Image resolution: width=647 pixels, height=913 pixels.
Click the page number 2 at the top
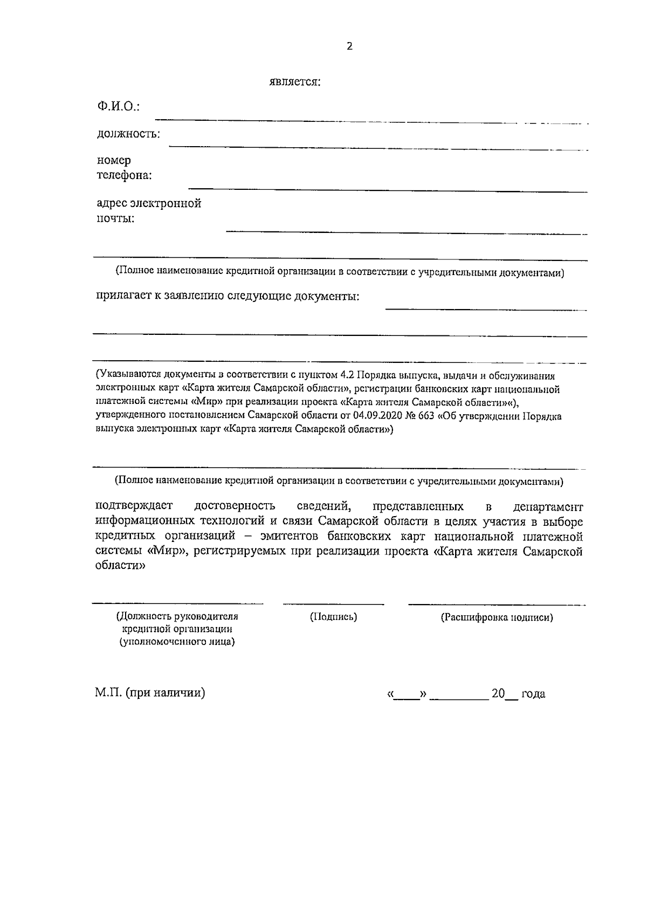click(349, 47)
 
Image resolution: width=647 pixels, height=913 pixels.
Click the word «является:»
click(295, 83)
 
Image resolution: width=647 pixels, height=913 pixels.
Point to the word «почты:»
click(115, 219)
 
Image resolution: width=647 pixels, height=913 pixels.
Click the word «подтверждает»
click(134, 506)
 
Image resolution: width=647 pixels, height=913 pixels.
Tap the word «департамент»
click(548, 507)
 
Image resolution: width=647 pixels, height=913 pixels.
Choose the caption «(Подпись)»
click(333, 617)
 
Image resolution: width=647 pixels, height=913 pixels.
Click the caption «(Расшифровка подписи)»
click(497, 617)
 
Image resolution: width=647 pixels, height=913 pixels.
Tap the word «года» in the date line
click(533, 694)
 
